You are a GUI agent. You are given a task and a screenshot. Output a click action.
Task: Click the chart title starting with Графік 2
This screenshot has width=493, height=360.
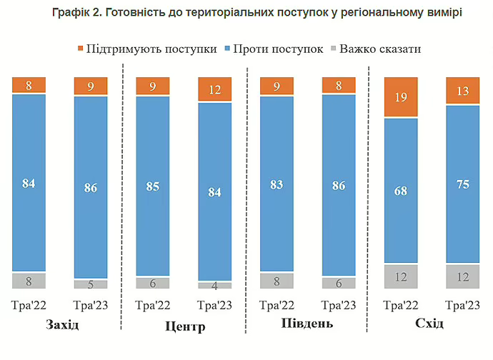coord(246,14)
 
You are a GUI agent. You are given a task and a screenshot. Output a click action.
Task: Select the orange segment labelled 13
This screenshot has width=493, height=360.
coord(463,91)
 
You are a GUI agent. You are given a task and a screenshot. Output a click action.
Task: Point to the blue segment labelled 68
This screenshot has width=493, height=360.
coord(401,191)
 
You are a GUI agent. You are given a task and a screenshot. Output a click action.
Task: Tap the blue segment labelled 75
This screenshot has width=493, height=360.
coord(463,184)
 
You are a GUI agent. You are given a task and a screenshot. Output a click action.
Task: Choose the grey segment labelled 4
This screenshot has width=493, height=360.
coord(214,285)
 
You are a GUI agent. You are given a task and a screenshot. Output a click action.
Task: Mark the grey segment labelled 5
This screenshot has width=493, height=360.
coord(91,284)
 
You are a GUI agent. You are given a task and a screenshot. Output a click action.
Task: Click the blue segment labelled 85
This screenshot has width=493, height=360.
coord(153,186)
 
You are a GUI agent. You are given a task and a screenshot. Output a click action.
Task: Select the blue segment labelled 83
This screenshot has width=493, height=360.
coord(277,184)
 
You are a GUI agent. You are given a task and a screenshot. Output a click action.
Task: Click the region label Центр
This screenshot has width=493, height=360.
coord(184,326)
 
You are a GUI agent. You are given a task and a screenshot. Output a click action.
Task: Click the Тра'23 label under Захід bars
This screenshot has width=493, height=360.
coord(91,306)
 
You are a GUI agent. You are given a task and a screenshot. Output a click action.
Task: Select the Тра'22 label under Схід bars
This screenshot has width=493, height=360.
coord(401,306)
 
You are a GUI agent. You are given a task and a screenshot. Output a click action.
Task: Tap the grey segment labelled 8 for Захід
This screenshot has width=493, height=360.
coord(29,281)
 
